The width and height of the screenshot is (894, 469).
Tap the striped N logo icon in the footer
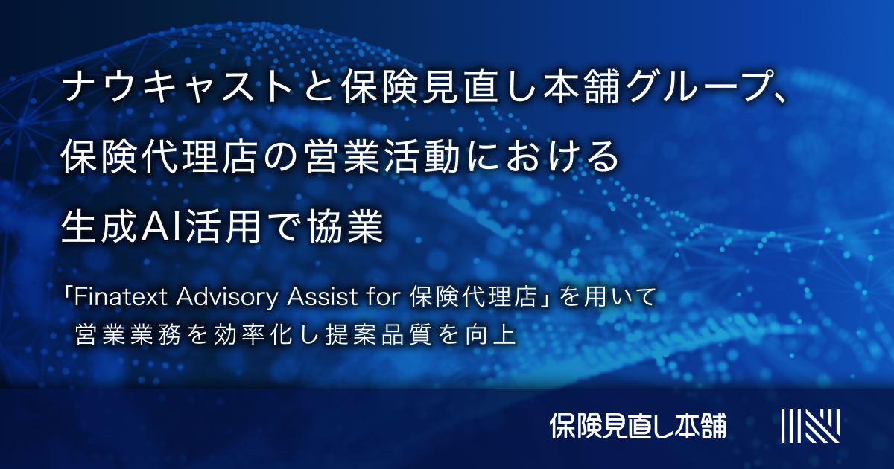[x=810, y=425]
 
